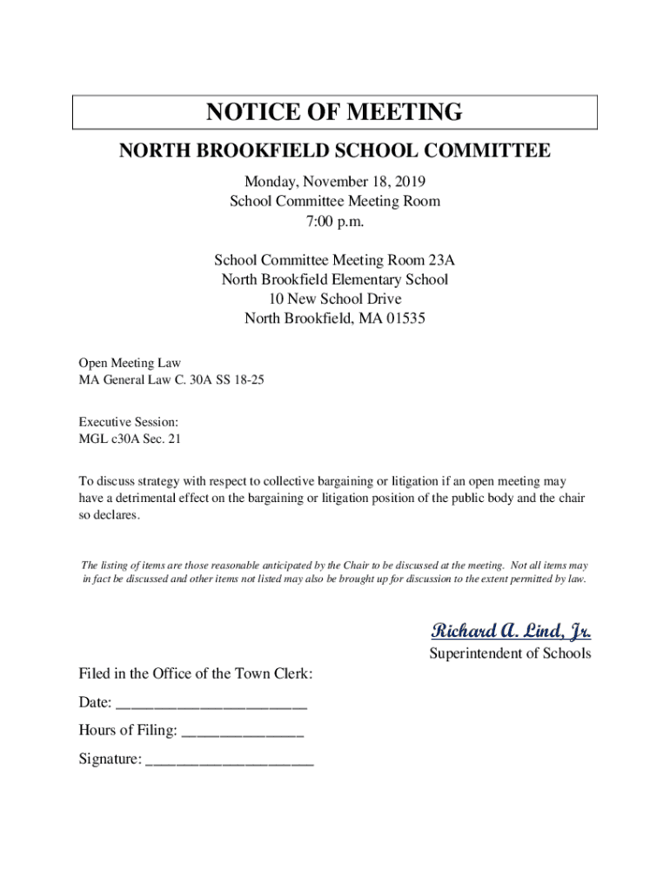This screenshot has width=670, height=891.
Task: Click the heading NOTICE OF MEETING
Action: coord(334,112)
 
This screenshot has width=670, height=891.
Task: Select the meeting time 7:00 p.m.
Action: coord(334,221)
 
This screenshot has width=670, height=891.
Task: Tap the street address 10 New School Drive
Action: coord(334,298)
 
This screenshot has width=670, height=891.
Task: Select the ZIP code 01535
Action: coord(405,318)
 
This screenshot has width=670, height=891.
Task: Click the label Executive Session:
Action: coord(129,421)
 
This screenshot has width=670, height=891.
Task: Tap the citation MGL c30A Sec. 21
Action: coord(130,439)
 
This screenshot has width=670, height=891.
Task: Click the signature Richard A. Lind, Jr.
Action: coord(511,630)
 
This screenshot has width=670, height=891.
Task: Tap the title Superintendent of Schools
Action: coord(510,653)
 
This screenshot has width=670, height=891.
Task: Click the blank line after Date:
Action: coord(211,703)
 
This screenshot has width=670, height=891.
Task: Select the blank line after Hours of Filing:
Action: coord(243,731)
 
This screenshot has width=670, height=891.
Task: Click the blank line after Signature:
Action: coord(230,760)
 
